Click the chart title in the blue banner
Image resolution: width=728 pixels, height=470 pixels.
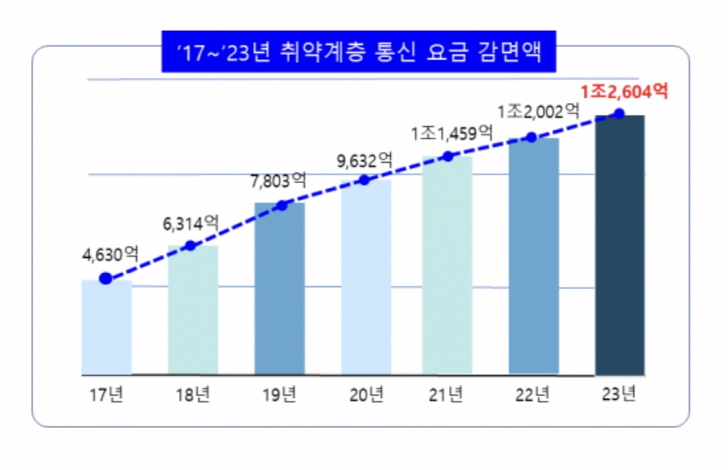pyautogui.click(x=358, y=51)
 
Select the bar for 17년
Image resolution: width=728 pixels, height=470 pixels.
pyautogui.click(x=107, y=327)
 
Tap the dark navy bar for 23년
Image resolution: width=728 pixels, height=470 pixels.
pyautogui.click(x=619, y=245)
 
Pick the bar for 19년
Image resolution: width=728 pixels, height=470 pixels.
pyautogui.click(x=279, y=289)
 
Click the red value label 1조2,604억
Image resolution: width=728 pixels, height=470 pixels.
pyautogui.click(x=624, y=92)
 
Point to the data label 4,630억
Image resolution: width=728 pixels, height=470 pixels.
pyautogui.click(x=109, y=254)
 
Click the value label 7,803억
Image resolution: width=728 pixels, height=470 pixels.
pyautogui.click(x=277, y=180)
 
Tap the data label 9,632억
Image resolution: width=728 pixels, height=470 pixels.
pyautogui.click(x=364, y=160)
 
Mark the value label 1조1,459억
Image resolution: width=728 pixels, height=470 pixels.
pyautogui.click(x=451, y=132)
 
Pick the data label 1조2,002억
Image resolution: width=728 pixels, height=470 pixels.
pyautogui.click(x=538, y=111)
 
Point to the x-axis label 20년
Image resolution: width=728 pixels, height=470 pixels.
pyautogui.click(x=366, y=394)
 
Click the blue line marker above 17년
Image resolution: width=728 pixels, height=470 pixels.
pyautogui.click(x=106, y=279)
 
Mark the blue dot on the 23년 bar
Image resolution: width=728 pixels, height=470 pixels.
pyautogui.click(x=619, y=114)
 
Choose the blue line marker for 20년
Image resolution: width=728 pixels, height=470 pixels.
pyautogui.click(x=365, y=180)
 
